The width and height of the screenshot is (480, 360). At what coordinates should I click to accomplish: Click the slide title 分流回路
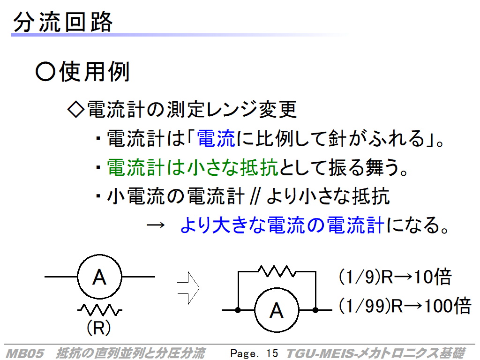tap(63, 22)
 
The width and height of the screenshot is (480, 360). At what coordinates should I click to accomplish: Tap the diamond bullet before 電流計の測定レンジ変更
tap(75, 109)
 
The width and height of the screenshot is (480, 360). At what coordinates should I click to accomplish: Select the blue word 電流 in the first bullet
tap(216, 138)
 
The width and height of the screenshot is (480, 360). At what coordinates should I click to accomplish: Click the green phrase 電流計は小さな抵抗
tap(192, 167)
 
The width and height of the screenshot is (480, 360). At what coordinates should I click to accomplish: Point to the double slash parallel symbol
tap(255, 196)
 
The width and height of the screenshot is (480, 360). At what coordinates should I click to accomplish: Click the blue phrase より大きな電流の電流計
tap(282, 225)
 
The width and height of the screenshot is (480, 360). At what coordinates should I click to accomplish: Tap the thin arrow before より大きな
tap(156, 225)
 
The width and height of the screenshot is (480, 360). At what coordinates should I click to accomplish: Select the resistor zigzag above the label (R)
tap(99, 310)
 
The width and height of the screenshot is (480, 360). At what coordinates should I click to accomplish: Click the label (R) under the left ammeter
tap(98, 327)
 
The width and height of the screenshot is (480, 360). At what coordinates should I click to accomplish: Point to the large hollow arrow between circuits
tap(188, 288)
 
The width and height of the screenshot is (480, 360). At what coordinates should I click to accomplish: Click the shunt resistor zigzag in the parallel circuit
tap(277, 271)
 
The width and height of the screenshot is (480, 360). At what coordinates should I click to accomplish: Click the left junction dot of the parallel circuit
tap(238, 310)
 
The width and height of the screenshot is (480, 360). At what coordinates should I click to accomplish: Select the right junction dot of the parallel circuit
tap(315, 310)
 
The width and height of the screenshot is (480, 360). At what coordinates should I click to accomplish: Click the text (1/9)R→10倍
tap(395, 277)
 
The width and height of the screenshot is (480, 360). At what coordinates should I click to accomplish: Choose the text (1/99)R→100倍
tap(405, 306)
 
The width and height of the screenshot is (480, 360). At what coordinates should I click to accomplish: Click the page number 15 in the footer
tap(272, 353)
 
